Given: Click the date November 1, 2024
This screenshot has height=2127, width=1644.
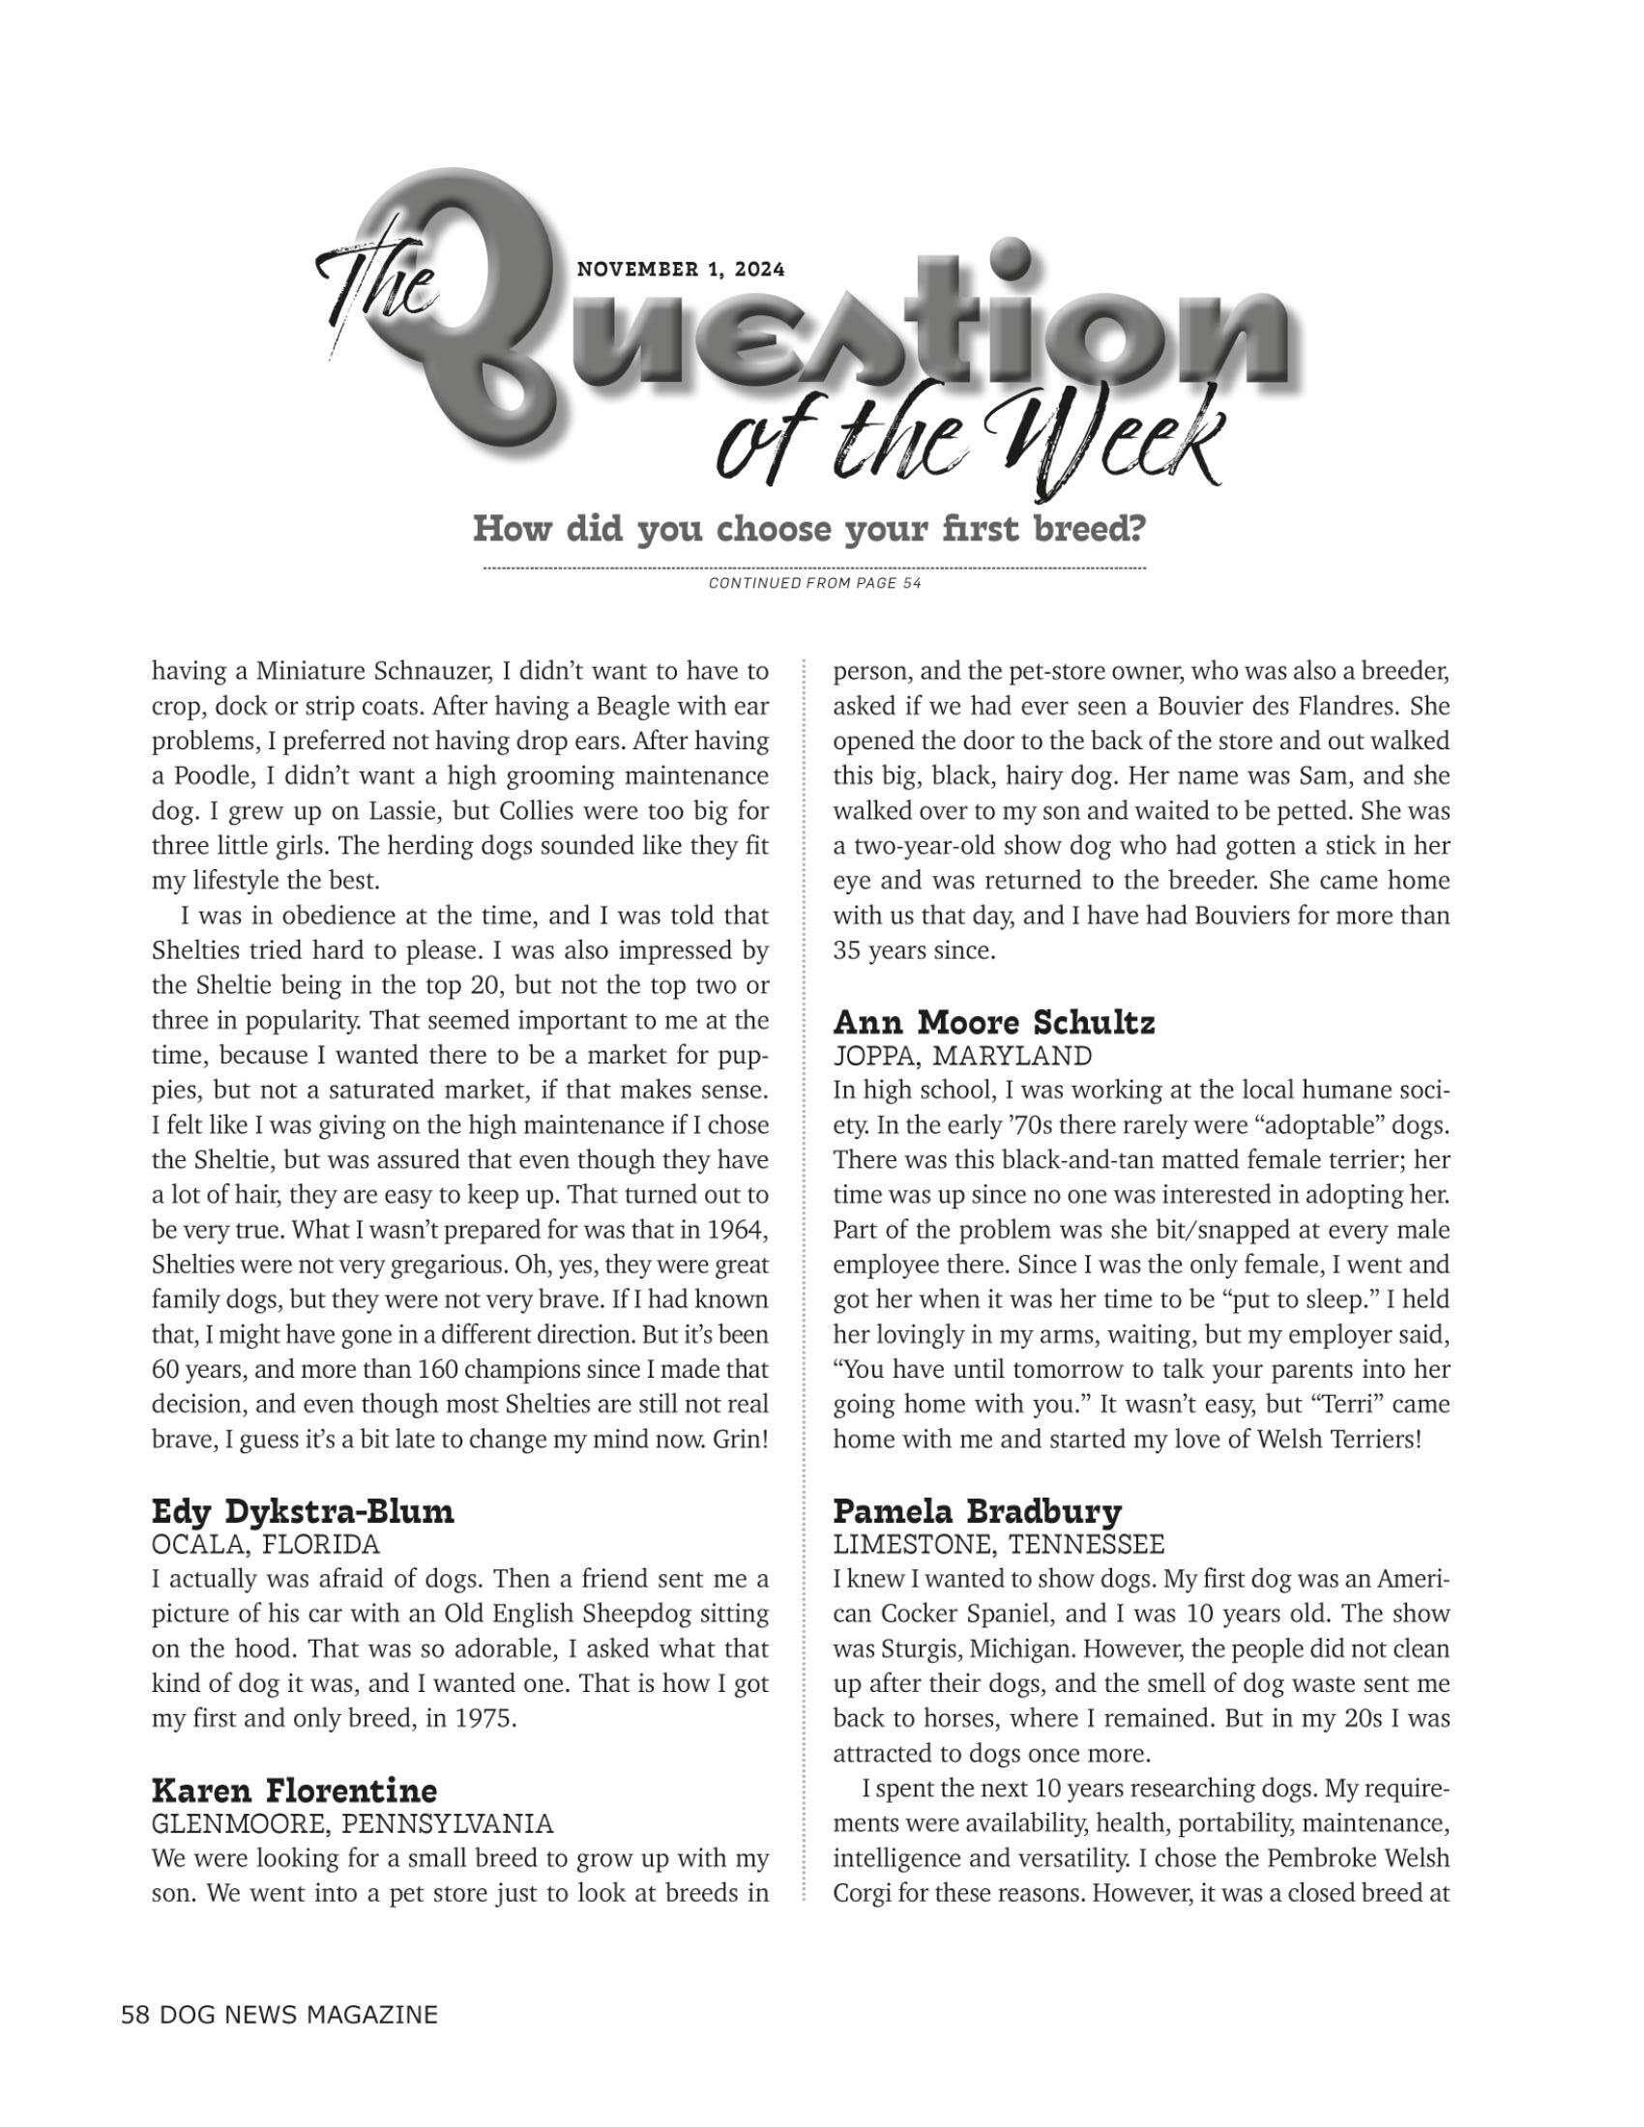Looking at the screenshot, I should point(681,270).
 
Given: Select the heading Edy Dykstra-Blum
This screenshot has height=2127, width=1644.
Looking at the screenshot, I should point(303,1511).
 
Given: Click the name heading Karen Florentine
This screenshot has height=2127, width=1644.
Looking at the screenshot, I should point(294,1790).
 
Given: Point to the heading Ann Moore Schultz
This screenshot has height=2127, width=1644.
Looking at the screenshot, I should point(993,1023).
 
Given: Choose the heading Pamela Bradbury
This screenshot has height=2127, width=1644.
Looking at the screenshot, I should point(977,1511).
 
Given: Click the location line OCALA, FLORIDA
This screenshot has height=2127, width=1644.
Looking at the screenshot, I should point(265,1545).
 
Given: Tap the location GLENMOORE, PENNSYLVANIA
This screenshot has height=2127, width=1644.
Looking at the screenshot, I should point(353,1823).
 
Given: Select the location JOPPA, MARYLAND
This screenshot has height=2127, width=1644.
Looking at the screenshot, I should point(962,1056).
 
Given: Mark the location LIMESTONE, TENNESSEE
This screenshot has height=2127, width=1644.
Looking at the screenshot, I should point(998,1545).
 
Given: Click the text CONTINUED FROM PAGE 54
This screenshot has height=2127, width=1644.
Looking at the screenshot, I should point(814,583).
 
